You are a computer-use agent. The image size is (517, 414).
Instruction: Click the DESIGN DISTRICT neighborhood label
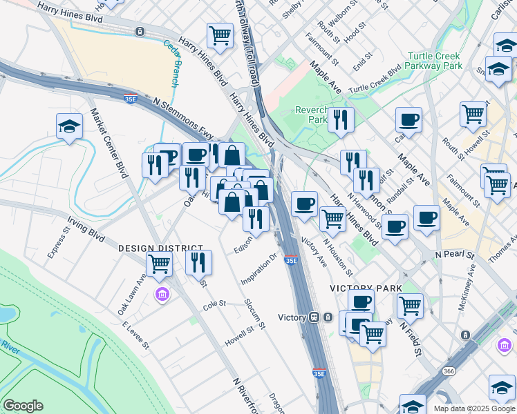(x=160, y=248)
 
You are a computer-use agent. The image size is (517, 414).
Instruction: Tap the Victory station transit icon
(x=313, y=317)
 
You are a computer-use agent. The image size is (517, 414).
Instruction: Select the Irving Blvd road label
(x=86, y=230)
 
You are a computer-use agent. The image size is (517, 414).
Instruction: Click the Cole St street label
(x=214, y=304)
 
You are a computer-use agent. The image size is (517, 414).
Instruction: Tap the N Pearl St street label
(x=455, y=255)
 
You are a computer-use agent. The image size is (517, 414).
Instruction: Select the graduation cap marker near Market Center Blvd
(x=69, y=126)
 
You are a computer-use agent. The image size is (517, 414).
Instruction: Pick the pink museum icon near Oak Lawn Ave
(x=162, y=295)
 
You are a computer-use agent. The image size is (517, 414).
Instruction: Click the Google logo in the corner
(x=23, y=406)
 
